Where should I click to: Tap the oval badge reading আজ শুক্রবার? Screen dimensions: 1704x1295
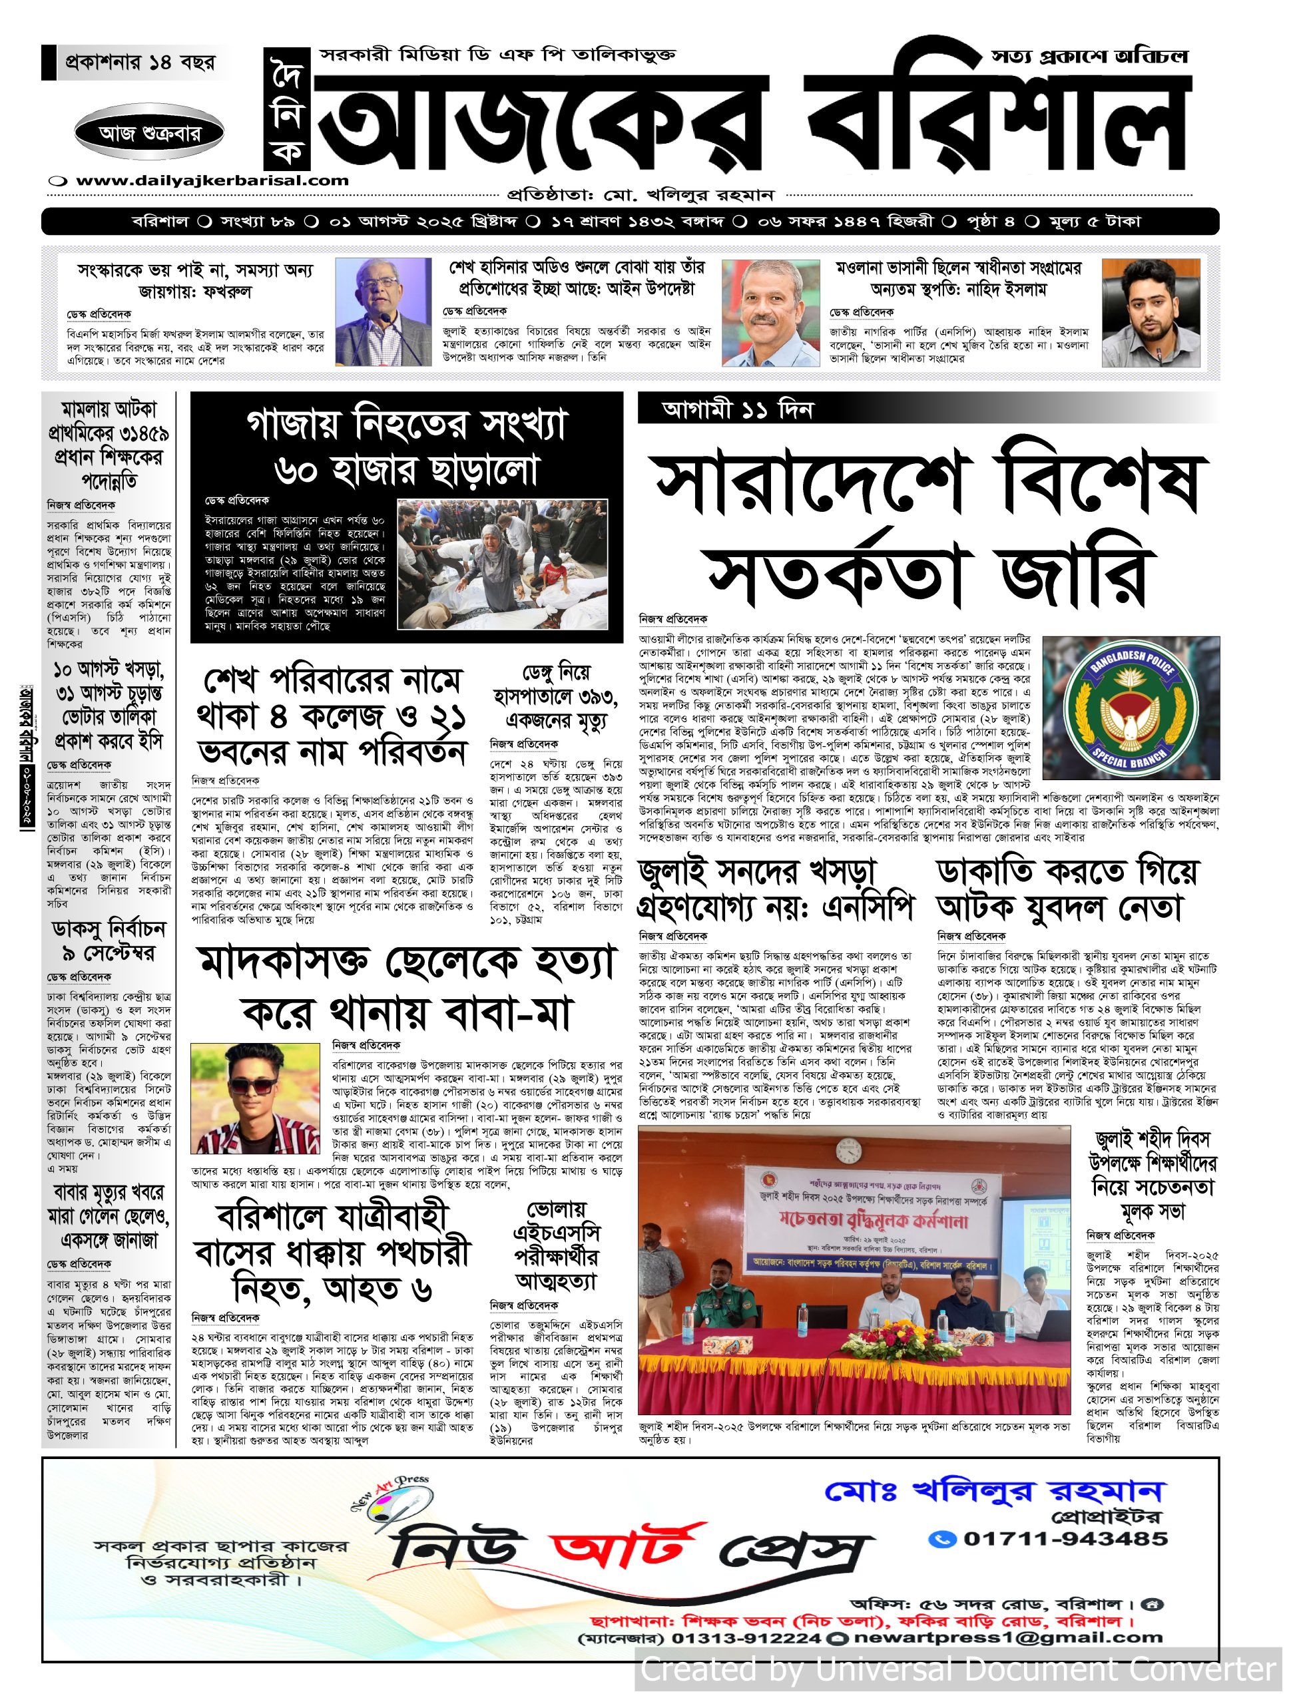point(150,133)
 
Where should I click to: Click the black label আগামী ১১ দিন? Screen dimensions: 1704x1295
point(737,409)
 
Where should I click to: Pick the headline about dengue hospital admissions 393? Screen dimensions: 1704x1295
point(556,696)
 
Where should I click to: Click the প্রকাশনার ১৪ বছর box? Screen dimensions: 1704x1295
point(140,63)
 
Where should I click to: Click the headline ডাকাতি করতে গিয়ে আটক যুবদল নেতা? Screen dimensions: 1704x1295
point(1067,891)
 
